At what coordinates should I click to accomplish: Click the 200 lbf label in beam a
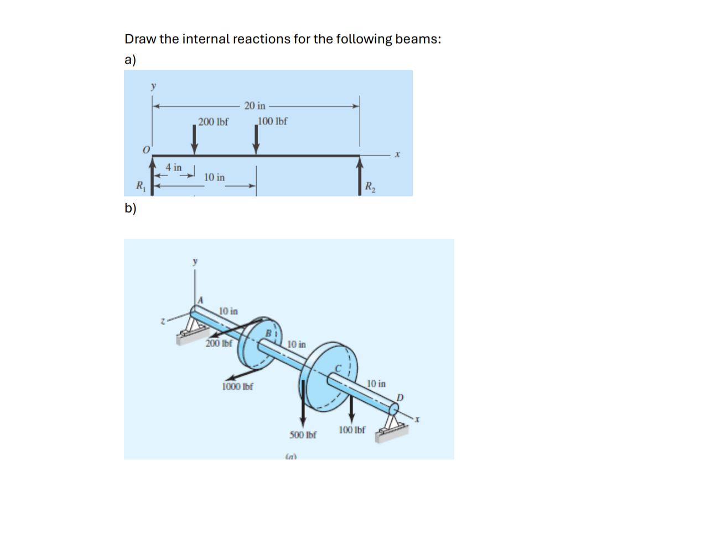(213, 122)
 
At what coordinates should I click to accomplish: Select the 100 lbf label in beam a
(273, 121)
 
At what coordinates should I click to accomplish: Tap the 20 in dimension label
(255, 106)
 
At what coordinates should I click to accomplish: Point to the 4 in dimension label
(173, 167)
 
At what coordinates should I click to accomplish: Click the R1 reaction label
(141, 186)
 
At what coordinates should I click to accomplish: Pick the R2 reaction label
(370, 187)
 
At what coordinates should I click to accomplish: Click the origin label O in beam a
(146, 150)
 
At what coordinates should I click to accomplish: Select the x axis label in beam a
(397, 154)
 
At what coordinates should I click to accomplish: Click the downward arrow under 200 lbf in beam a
(194, 141)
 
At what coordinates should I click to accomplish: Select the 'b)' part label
(130, 208)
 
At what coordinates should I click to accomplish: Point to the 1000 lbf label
(237, 387)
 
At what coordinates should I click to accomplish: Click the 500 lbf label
(303, 435)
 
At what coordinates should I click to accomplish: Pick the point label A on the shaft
(200, 300)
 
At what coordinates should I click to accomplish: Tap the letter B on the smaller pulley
(268, 334)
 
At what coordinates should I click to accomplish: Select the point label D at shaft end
(400, 397)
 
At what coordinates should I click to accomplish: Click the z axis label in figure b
(162, 321)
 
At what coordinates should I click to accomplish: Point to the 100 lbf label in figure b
(352, 430)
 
